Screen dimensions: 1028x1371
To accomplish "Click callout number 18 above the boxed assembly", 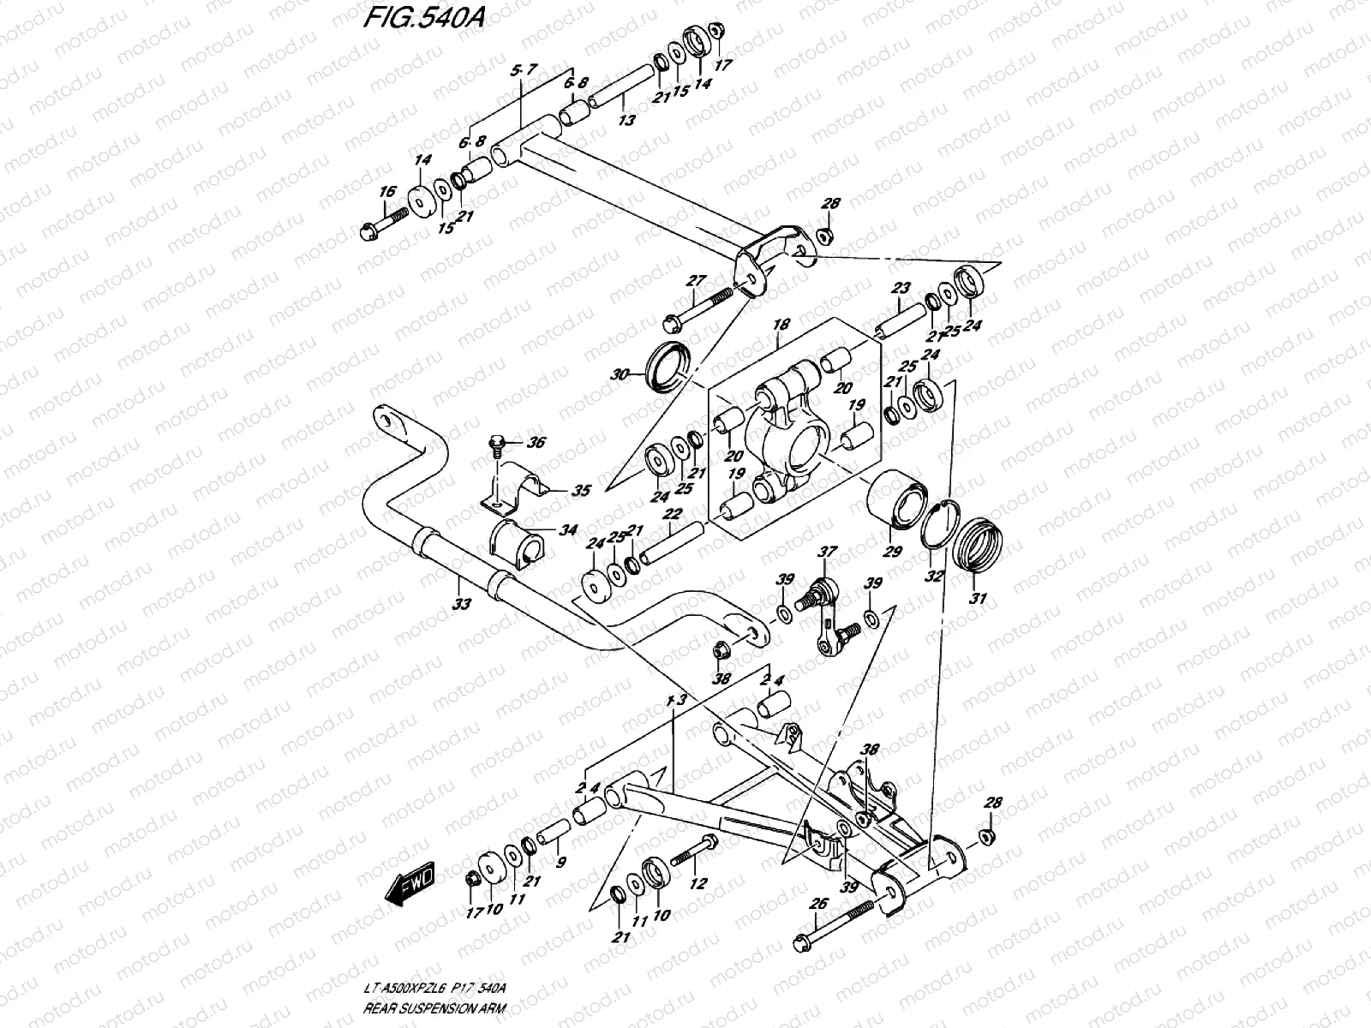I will pos(780,326).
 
